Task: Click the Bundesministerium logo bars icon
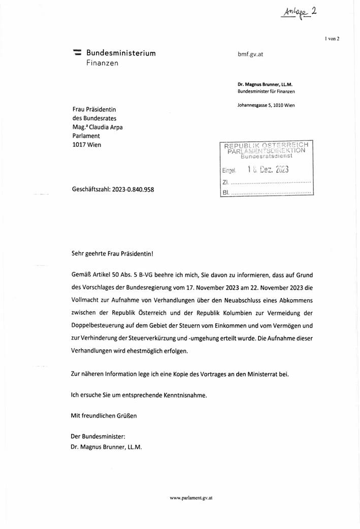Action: (77, 52)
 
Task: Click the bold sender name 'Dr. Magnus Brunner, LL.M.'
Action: (268, 84)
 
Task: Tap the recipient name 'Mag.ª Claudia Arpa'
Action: (101, 127)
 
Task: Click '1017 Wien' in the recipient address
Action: (87, 145)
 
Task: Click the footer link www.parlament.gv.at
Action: (191, 498)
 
